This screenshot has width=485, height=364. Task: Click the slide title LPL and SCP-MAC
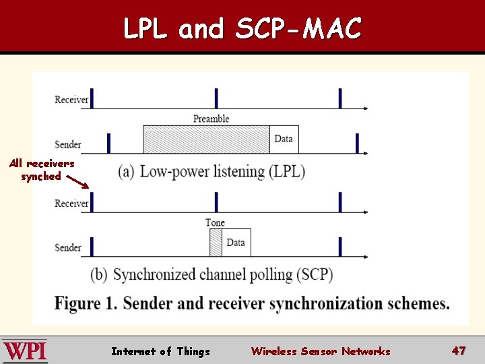point(243,28)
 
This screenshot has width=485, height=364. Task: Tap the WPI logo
point(25,351)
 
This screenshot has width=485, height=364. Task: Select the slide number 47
point(459,351)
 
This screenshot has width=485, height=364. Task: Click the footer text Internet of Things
point(160,351)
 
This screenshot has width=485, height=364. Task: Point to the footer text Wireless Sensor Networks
point(320,351)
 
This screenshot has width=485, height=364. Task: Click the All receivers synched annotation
point(42,170)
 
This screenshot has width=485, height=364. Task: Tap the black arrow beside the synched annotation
point(77,182)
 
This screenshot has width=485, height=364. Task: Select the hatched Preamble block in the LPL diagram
point(206,140)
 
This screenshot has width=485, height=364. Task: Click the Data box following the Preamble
point(284,140)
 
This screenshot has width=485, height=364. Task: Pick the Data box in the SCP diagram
point(236,243)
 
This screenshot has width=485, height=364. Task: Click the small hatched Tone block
point(216,243)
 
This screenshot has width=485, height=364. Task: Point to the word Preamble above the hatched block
point(212,119)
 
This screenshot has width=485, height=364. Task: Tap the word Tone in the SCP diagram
point(215,222)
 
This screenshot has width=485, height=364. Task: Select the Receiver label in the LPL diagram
point(71,100)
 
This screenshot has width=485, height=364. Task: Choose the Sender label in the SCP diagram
point(68,247)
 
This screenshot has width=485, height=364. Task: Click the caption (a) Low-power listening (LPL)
point(212,171)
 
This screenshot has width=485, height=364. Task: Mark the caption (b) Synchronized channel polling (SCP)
point(212,275)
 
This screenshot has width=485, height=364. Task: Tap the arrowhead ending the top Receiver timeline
point(365,108)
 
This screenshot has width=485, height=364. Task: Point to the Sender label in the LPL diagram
point(68,144)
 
